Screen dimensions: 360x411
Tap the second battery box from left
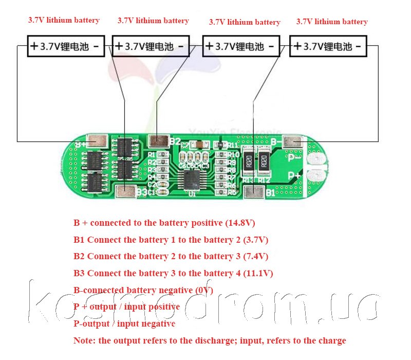pos(151,46)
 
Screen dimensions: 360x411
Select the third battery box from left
pos(241,46)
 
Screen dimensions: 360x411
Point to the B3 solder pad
pos(124,192)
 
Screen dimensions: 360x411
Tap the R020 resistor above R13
pos(248,160)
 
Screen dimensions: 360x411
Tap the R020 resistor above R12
pos(265,160)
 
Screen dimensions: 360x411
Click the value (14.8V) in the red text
pos(240,223)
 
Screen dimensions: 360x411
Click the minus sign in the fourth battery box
pos(358,46)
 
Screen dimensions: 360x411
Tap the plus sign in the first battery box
pos(34,46)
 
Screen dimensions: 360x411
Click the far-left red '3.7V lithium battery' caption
pos(63,20)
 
